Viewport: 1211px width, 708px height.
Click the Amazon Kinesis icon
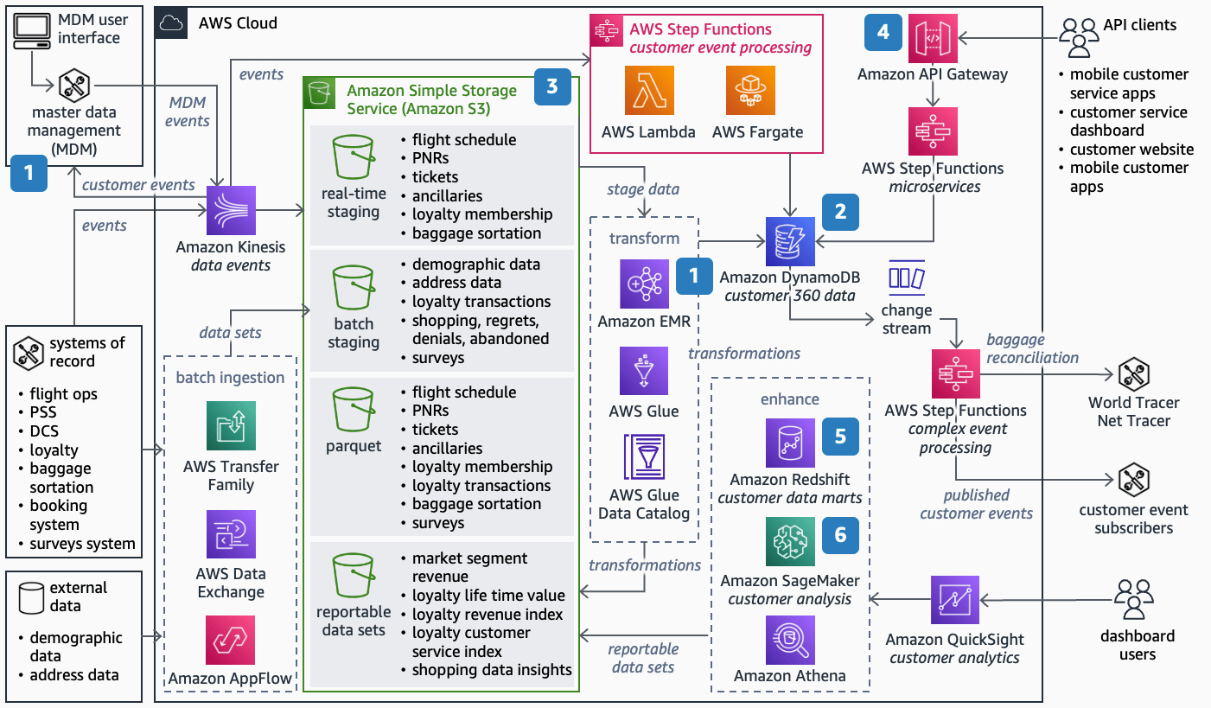231,211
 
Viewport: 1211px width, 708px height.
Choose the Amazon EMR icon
644,284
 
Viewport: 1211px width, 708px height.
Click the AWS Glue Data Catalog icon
644,456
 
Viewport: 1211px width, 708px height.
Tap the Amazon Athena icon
790,640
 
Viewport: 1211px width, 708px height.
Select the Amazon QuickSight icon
955,600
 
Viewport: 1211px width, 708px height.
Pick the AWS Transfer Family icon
231,425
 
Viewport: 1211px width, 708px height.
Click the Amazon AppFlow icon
231,640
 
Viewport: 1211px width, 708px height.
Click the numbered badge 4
883,32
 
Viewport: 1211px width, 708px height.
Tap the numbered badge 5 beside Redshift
840,437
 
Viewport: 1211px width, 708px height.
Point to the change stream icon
907,278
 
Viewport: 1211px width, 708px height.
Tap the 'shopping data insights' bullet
491,670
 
